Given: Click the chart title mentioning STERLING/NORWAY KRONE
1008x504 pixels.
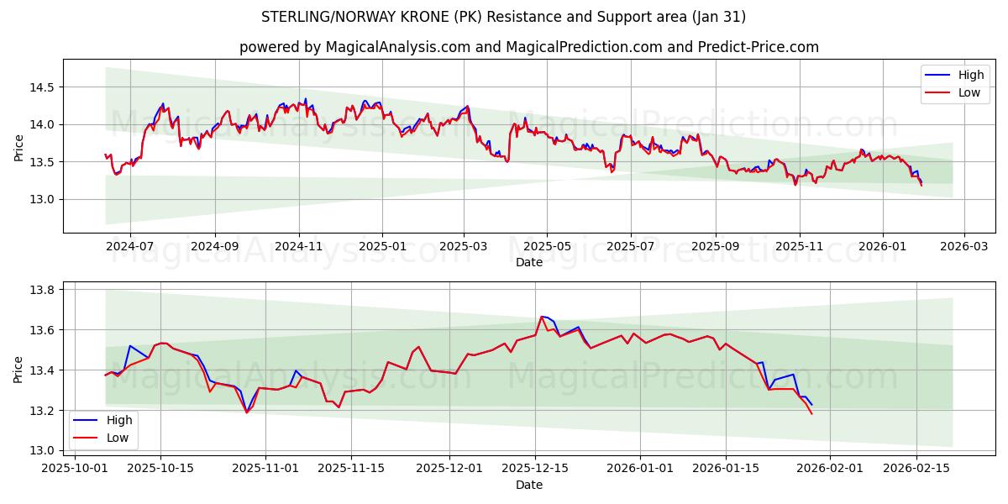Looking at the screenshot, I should pos(503,17).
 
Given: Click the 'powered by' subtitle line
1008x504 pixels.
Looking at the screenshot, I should pos(528,47).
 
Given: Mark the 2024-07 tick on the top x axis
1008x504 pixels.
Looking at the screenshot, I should pos(130,247).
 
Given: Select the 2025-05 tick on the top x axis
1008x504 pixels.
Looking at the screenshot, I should pos(547,247).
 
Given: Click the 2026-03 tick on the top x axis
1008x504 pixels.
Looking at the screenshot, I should pos(963,247).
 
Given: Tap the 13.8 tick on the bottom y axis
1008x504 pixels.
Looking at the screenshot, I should pos(40,290).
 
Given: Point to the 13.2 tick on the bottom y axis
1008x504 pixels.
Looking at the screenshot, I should pos(40,410).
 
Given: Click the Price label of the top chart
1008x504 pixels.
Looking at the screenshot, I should pos(18,148).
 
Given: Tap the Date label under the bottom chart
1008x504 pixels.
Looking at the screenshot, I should pos(528,485).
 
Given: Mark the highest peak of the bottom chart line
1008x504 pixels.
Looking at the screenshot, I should pos(542,317).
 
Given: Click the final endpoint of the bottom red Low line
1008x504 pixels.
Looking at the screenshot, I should pos(812,413).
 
